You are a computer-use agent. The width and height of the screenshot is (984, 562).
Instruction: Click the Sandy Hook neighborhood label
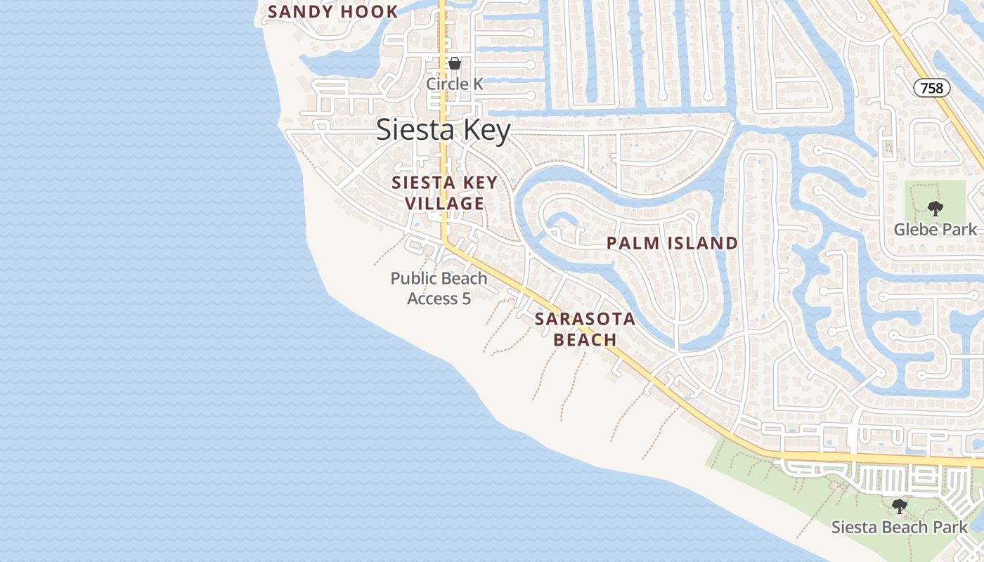tap(333, 12)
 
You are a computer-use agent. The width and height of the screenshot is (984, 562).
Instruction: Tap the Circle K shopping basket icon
tap(455, 63)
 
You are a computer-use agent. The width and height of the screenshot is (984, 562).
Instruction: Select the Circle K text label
tap(455, 84)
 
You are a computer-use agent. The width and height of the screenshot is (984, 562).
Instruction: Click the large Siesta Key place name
tap(443, 131)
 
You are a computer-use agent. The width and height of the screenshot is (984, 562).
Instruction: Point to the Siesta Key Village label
tap(444, 193)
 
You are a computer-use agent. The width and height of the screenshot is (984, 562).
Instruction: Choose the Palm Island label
tap(672, 244)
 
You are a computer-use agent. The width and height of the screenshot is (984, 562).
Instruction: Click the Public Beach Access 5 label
tap(439, 288)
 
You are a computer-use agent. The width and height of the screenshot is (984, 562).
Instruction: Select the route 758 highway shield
tap(932, 88)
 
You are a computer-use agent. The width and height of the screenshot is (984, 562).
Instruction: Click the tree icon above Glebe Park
tap(935, 208)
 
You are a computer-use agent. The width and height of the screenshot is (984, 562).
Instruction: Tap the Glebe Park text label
tap(935, 230)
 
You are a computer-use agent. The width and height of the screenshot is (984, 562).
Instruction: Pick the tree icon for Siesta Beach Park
tap(899, 506)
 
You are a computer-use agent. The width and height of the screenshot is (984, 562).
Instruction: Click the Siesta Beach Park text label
tap(899, 527)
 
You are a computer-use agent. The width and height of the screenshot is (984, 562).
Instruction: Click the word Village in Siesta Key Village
tap(444, 204)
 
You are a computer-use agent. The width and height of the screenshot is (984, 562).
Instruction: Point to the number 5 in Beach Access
tap(465, 299)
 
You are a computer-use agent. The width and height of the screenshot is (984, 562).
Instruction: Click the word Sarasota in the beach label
tap(585, 319)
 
